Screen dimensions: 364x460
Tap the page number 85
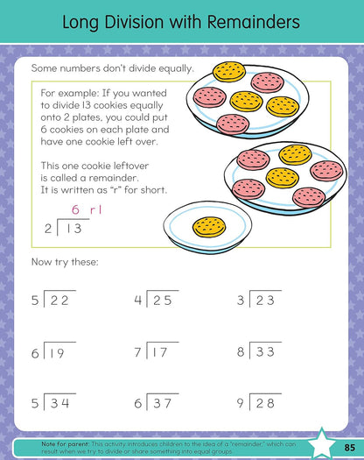tap(347, 449)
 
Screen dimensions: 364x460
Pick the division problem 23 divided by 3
tap(258, 301)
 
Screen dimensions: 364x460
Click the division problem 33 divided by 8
tap(258, 353)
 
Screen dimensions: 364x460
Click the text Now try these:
tap(65, 262)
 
